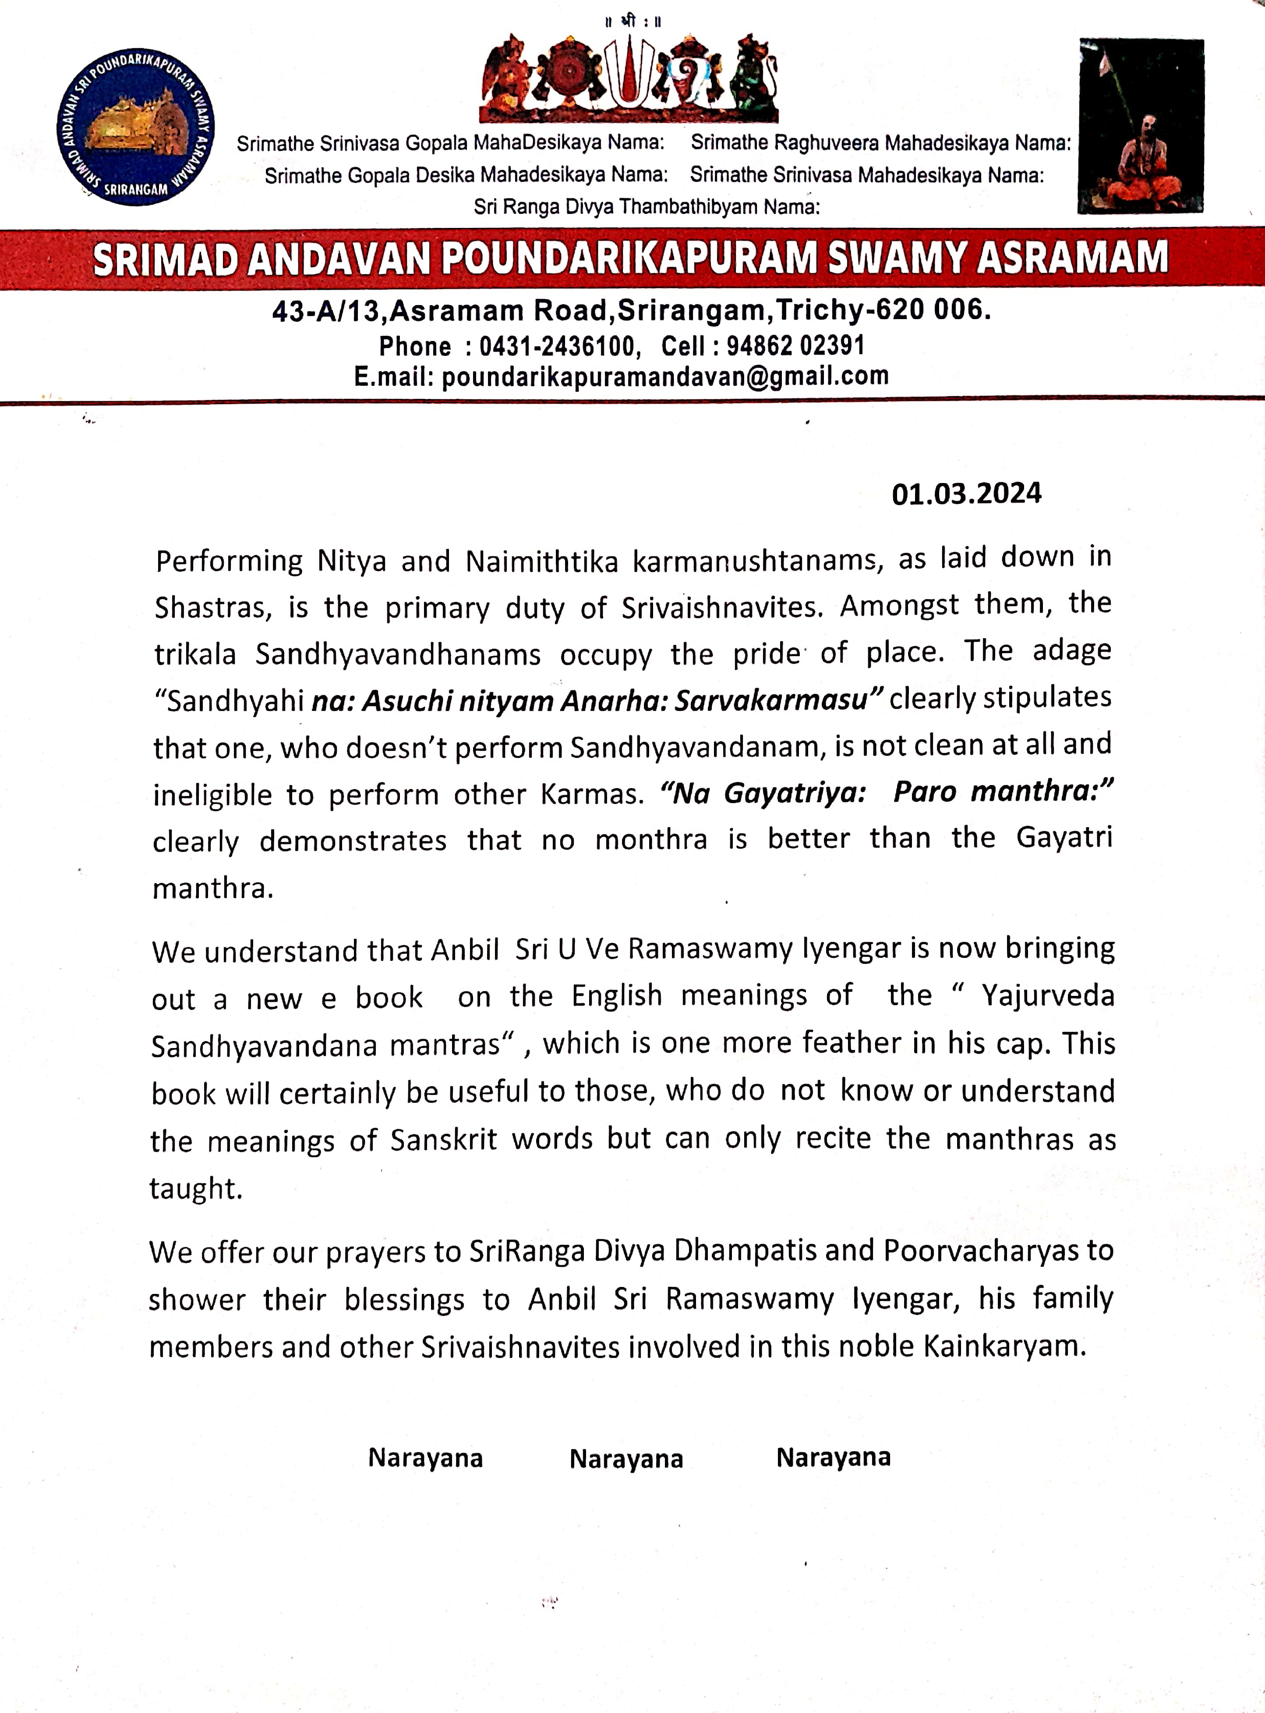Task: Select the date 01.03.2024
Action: point(966,494)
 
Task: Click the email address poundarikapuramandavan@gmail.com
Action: point(664,376)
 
